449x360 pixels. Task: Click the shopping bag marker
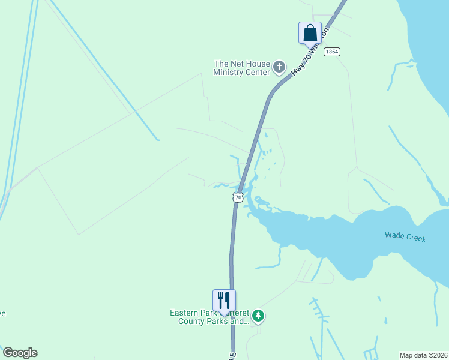pos(310,32)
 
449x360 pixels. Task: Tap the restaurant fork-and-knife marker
pos(224,300)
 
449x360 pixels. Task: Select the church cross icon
pos(279,67)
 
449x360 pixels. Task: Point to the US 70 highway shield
pos(238,197)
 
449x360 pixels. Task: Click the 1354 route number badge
pos(332,52)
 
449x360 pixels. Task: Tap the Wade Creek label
pos(405,237)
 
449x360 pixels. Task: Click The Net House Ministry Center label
pos(241,68)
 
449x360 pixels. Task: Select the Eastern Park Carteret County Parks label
pos(209,317)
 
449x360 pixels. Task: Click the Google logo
pos(20,352)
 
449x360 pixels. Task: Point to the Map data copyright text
pos(423,355)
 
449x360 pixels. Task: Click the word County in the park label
pos(193,321)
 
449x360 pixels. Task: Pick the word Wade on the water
pos(394,235)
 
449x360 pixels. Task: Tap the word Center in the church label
pos(257,73)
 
